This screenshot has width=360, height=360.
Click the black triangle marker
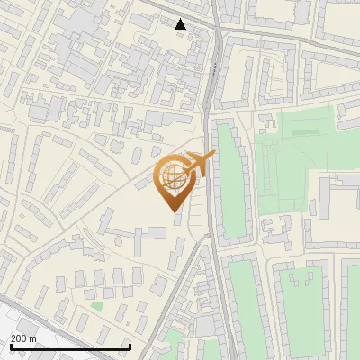181,24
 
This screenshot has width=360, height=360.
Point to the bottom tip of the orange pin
175,211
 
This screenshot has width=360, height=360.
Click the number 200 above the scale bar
18,338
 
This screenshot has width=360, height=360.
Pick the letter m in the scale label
33,338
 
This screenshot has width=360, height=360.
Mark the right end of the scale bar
130,346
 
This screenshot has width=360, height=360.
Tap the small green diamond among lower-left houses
96,306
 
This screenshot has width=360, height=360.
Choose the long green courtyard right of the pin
231,184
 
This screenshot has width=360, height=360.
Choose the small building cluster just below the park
274,229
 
